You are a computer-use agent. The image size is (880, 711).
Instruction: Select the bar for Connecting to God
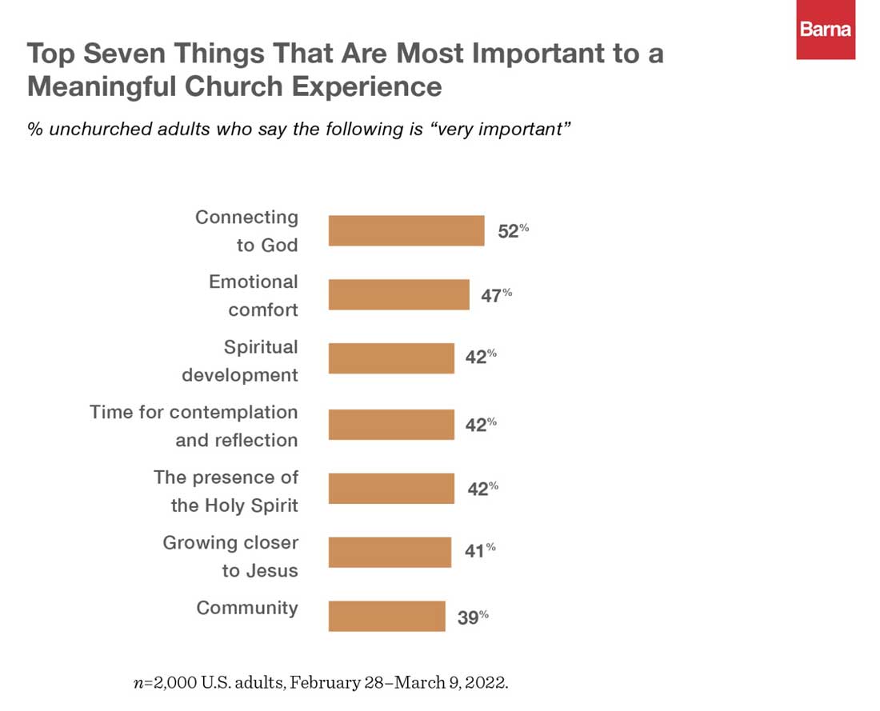point(406,230)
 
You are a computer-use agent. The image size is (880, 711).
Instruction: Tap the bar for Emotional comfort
point(398,295)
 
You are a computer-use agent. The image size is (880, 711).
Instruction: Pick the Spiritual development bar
point(391,357)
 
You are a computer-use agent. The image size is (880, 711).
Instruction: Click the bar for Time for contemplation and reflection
point(391,424)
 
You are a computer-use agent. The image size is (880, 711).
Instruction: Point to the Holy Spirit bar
point(391,489)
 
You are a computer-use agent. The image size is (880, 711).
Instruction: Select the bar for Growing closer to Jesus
point(390,552)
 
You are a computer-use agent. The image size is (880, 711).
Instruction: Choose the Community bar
point(386,616)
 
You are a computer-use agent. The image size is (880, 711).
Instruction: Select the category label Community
point(247,608)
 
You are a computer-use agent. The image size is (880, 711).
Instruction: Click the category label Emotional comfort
point(254,295)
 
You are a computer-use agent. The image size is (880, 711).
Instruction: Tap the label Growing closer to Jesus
point(230,556)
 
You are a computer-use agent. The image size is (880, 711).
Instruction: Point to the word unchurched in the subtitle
point(99,130)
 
